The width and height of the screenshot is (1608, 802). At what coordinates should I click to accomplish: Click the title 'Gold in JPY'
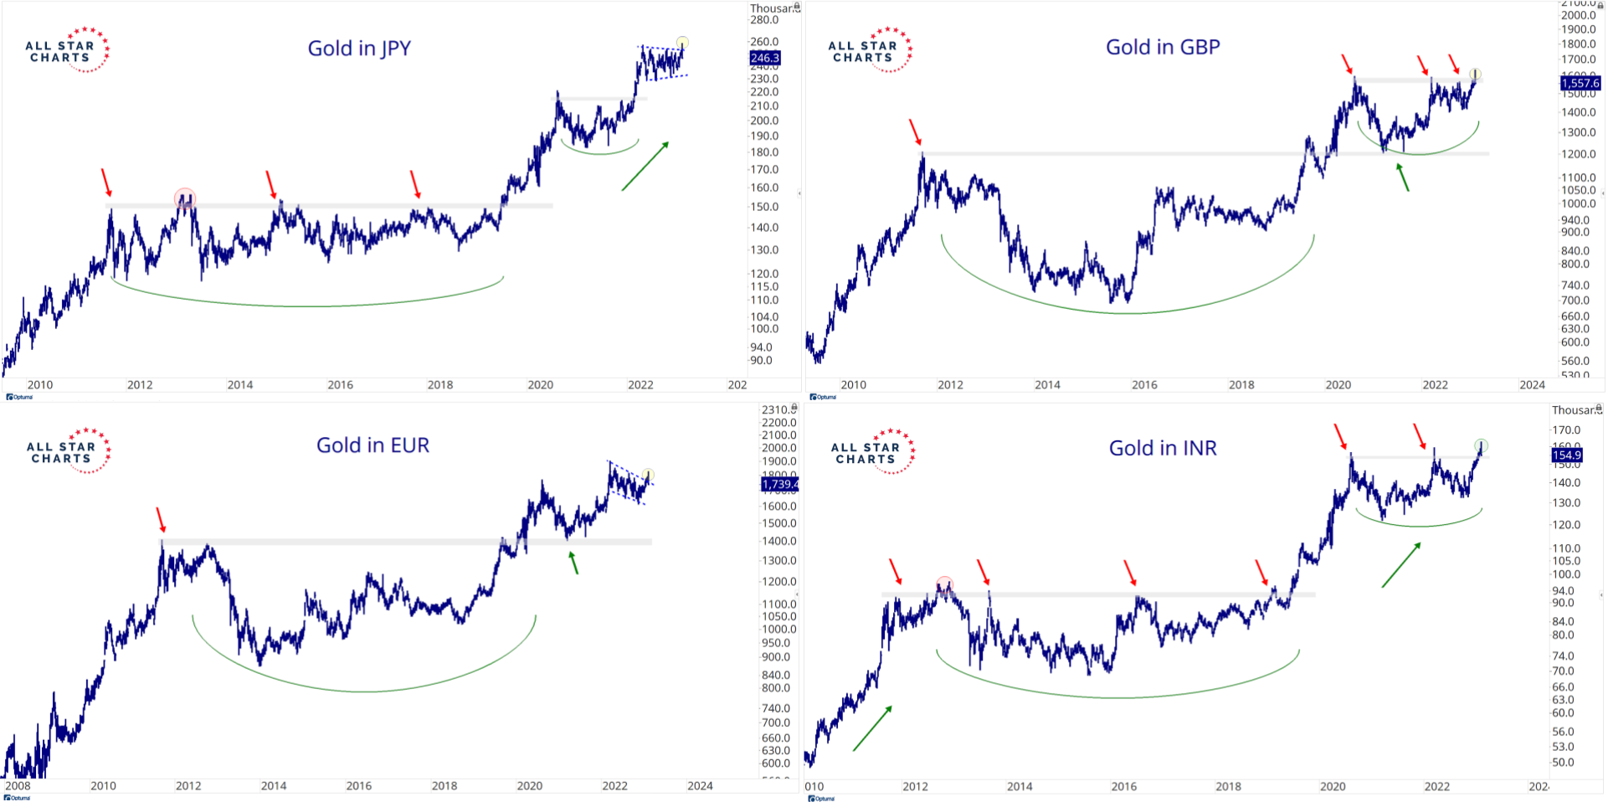click(x=359, y=49)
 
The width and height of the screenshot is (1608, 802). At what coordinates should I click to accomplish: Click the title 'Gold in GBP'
click(x=1163, y=47)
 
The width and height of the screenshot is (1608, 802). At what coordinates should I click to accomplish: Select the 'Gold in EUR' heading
click(x=372, y=445)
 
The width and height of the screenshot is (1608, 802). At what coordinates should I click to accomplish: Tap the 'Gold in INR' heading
click(x=1163, y=449)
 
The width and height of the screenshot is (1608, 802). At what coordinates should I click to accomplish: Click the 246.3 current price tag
click(x=764, y=58)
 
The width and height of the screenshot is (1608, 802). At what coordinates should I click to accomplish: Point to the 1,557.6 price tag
click(x=1580, y=83)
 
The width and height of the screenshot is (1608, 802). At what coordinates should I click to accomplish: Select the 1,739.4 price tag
click(x=779, y=484)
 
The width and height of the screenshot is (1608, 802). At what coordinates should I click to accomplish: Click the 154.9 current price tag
click(x=1566, y=455)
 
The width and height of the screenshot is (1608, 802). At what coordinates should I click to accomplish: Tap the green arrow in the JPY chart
click(x=645, y=166)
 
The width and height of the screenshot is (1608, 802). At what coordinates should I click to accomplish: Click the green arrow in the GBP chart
click(x=1402, y=177)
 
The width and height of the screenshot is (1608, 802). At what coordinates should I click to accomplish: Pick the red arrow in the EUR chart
click(x=161, y=519)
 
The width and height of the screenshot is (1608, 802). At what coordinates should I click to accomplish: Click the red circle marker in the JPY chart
click(x=185, y=198)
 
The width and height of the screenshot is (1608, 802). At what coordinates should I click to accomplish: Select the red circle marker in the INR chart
click(x=944, y=584)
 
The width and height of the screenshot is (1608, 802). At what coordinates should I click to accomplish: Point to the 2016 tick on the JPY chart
click(x=340, y=385)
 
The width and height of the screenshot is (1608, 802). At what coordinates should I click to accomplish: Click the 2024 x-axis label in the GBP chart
click(x=1532, y=385)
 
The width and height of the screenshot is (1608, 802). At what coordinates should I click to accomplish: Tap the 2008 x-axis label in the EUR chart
click(x=18, y=786)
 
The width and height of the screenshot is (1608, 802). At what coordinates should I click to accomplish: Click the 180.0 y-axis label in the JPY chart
click(x=764, y=152)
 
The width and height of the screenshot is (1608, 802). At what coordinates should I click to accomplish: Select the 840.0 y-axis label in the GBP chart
click(x=1575, y=250)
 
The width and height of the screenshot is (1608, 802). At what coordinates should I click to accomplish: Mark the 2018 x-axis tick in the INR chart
click(x=1228, y=787)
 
